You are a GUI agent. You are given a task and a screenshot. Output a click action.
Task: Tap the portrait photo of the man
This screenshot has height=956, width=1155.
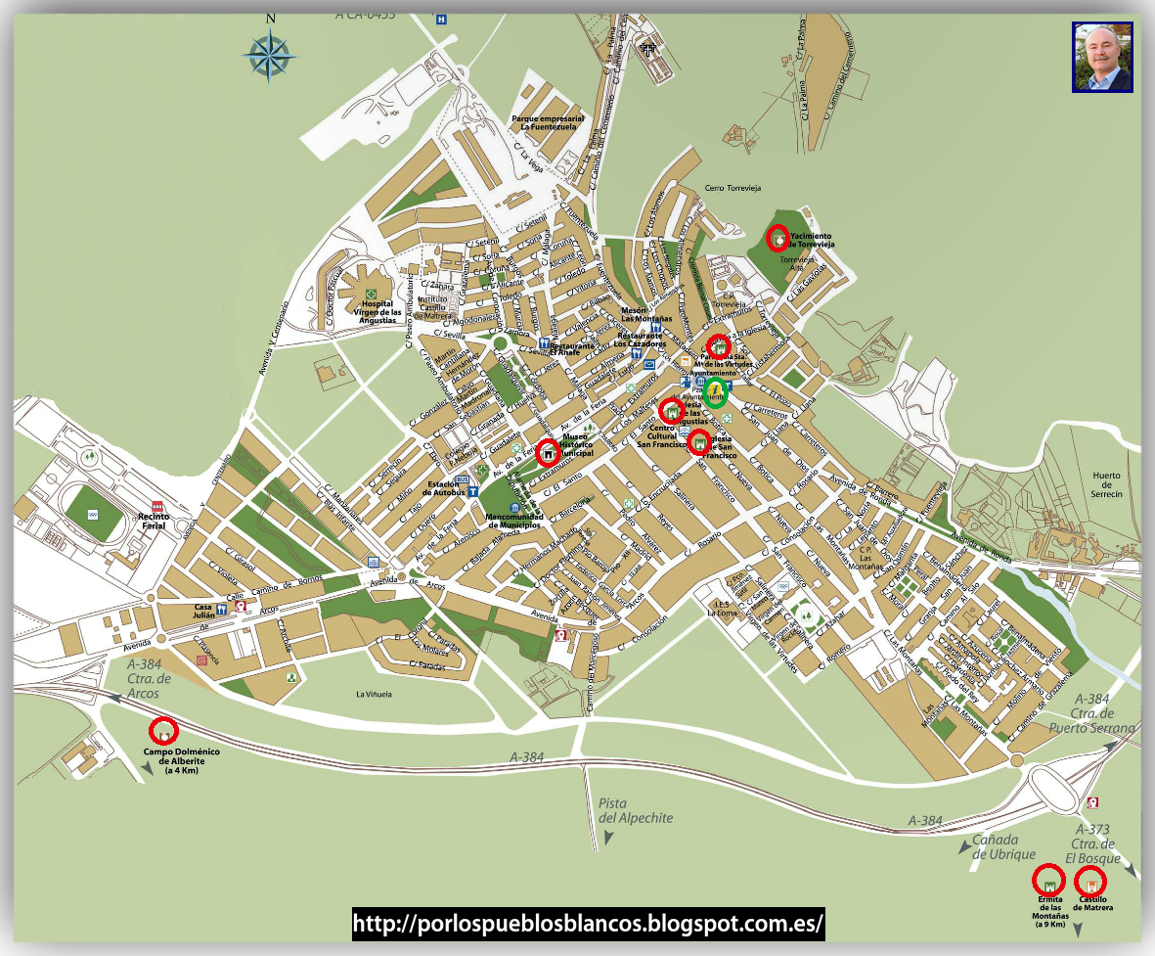pos(1102,58)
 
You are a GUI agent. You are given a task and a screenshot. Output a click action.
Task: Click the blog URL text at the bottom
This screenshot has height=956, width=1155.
pos(588,923)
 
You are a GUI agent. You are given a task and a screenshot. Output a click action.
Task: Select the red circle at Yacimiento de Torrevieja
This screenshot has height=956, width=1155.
pos(777,238)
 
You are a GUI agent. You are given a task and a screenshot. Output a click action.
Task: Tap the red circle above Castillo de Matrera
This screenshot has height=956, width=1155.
pos(1090,880)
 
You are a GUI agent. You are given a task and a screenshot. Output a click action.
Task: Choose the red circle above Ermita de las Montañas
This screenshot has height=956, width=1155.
pos(1049,879)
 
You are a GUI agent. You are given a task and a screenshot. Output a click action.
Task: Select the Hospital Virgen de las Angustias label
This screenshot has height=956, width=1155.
pos(378,312)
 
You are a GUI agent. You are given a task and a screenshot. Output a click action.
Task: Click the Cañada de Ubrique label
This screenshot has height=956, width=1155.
pos(1003,847)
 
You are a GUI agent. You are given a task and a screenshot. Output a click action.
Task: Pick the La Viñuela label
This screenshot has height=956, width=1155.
pos(374,694)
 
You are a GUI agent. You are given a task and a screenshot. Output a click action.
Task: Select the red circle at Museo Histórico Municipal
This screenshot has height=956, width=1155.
pos(550,451)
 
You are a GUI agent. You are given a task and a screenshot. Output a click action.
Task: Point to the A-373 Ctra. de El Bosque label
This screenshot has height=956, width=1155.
pos(1093,843)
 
